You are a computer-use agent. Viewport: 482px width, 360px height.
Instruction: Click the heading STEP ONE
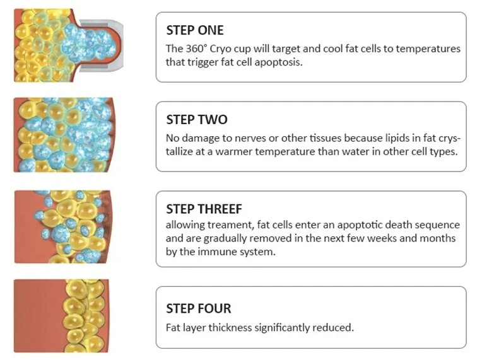pos(195,30)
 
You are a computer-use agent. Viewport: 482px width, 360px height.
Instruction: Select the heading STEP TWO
pos(197,120)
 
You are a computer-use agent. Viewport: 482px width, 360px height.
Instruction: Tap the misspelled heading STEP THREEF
pos(204,209)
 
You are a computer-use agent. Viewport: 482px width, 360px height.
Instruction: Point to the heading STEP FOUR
pos(199,308)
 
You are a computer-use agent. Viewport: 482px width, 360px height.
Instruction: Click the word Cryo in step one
pos(221,49)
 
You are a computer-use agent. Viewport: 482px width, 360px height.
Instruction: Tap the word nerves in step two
pos(250,138)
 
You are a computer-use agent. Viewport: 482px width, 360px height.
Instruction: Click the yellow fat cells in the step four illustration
pos(85,316)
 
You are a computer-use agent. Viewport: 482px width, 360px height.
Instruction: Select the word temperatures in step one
pos(428,49)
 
